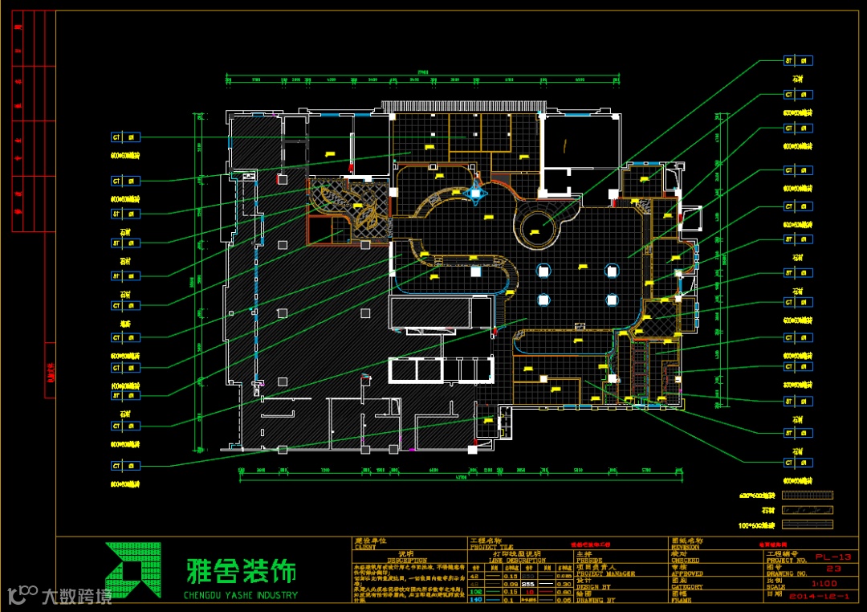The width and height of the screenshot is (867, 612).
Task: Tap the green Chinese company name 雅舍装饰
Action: click(x=240, y=571)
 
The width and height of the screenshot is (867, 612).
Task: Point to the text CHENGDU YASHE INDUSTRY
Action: click(x=240, y=595)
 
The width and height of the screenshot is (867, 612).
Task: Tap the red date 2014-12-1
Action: click(x=818, y=597)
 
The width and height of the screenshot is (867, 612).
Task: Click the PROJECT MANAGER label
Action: click(x=604, y=573)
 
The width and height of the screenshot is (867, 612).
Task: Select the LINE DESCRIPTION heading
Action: click(x=517, y=560)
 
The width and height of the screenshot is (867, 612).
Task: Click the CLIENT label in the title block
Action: click(x=365, y=547)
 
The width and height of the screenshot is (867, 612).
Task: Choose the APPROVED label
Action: click(x=686, y=574)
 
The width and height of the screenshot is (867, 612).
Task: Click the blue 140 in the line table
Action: click(x=475, y=599)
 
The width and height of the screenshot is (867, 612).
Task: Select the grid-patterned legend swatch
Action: click(x=808, y=496)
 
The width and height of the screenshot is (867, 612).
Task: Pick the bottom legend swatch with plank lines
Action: click(x=808, y=524)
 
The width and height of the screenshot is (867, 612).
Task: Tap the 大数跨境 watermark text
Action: click(x=77, y=596)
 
